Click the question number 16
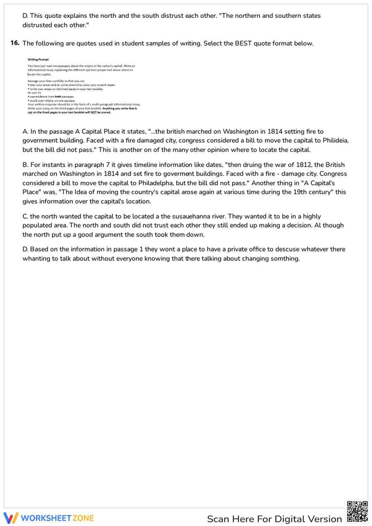click(15, 43)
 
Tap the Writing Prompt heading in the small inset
click(38, 60)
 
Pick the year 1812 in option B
click(304, 165)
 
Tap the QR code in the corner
click(357, 511)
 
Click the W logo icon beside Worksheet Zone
click(11, 518)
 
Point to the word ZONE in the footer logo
click(83, 518)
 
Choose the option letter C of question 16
click(25, 217)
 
